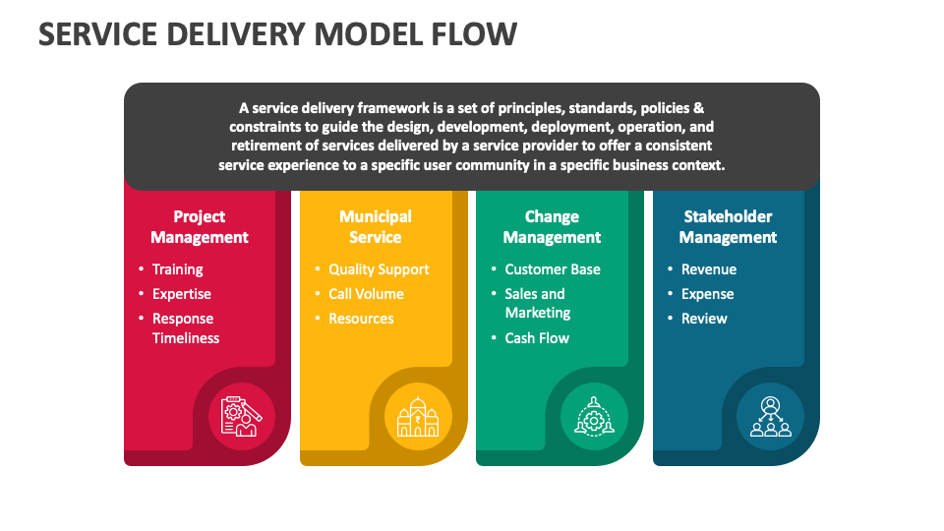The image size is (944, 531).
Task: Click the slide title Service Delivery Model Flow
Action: tap(277, 33)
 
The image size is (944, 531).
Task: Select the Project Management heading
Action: tap(200, 227)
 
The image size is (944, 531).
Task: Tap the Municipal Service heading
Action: tap(376, 227)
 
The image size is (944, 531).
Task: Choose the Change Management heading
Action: tap(552, 227)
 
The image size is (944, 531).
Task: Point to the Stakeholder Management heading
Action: tap(728, 227)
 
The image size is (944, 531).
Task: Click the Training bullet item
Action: tap(177, 269)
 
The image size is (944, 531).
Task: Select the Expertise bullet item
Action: tap(181, 294)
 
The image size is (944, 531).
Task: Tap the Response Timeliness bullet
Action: tap(185, 328)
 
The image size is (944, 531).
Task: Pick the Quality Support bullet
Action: tap(379, 269)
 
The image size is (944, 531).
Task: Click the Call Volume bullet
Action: tap(366, 294)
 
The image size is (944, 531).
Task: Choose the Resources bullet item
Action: tap(361, 319)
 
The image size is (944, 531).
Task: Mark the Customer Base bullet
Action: tap(552, 269)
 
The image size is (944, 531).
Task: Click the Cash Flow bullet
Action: tap(537, 338)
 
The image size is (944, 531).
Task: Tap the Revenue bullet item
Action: tap(708, 269)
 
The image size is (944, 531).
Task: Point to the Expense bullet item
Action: tap(707, 294)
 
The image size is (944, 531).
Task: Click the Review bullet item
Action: tap(704, 319)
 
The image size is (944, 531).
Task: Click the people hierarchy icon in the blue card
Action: tap(770, 416)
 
